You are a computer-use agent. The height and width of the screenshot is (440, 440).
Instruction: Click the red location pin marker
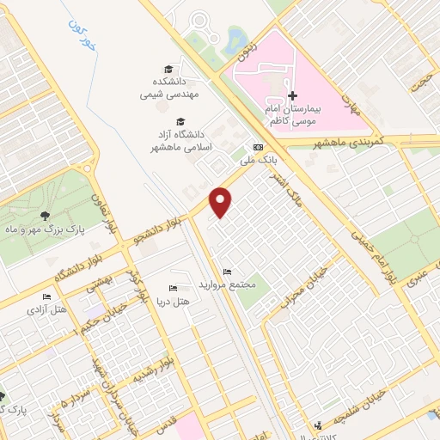point(222,201)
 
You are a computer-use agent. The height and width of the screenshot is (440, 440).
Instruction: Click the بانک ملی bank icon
point(257,147)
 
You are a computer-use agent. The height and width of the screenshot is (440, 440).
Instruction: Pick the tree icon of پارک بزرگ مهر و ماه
point(44,216)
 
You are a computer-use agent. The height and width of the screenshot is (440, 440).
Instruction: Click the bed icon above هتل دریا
point(172,288)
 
